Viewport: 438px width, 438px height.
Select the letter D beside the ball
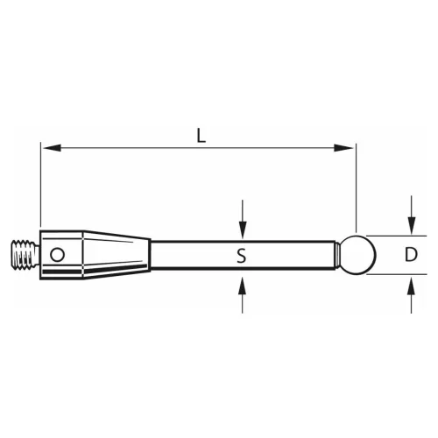(x=410, y=255)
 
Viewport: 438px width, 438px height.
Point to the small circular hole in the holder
(x=57, y=254)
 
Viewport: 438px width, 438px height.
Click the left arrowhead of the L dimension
(x=47, y=148)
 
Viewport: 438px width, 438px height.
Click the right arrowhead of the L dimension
(x=349, y=148)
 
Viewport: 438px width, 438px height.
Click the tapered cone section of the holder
(x=118, y=254)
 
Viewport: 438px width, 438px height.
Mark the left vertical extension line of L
(x=40, y=184)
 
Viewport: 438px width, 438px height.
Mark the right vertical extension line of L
(x=357, y=184)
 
